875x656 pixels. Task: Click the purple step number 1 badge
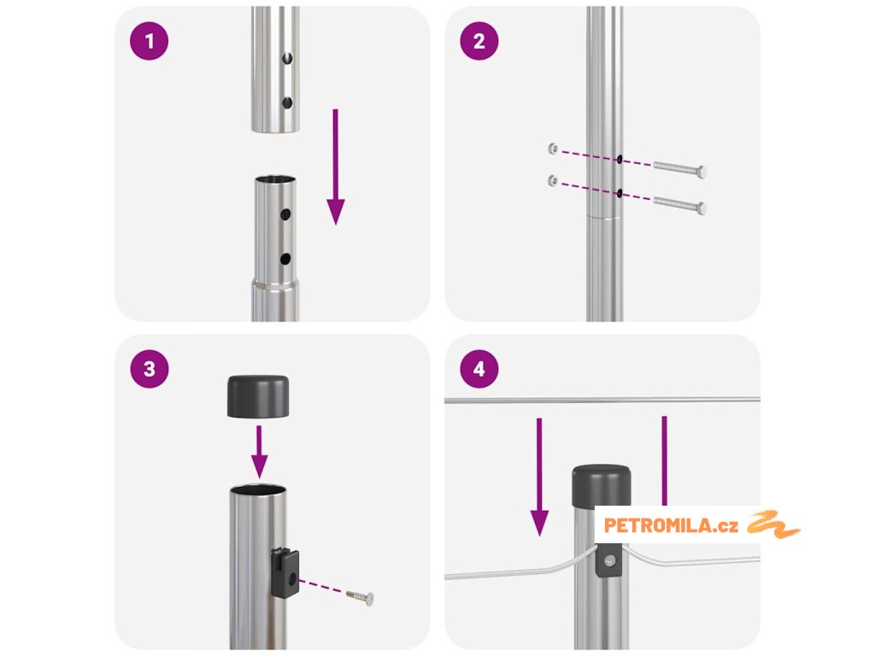click(x=149, y=41)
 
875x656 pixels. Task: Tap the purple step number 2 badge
click(x=479, y=41)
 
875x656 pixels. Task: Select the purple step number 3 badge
click(x=149, y=369)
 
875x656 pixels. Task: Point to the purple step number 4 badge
click(x=479, y=369)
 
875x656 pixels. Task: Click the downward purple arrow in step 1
click(x=335, y=167)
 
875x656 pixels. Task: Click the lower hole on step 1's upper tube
click(x=287, y=102)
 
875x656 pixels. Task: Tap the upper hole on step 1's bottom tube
click(x=285, y=214)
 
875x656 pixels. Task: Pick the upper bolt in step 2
click(x=679, y=168)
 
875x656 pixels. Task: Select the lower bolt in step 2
click(x=679, y=205)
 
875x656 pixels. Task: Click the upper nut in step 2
click(x=553, y=149)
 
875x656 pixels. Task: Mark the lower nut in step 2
click(x=553, y=181)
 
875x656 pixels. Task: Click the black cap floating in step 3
click(x=258, y=396)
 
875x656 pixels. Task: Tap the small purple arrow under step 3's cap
click(x=260, y=452)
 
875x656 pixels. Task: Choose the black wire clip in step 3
click(x=285, y=573)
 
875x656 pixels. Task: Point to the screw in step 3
click(x=360, y=597)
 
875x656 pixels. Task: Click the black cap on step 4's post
click(x=602, y=485)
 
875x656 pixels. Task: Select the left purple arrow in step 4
click(x=539, y=477)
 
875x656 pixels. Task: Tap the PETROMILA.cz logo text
click(x=671, y=525)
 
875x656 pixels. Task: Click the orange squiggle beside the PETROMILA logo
click(x=773, y=524)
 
